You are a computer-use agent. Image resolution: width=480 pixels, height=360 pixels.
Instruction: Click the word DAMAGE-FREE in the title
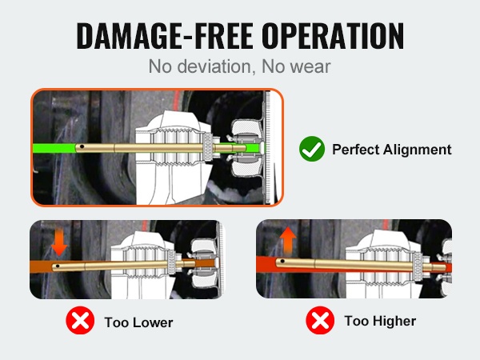coord(165,36)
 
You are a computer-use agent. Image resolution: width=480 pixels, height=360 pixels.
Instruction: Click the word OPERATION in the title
coord(333,36)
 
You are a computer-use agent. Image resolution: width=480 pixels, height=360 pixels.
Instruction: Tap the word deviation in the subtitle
coord(217,66)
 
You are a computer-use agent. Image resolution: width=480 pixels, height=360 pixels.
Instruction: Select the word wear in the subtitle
coord(311,66)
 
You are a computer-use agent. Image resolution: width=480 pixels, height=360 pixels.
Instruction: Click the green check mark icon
coord(312,149)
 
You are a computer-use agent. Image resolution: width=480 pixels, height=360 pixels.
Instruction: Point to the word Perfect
coord(356,150)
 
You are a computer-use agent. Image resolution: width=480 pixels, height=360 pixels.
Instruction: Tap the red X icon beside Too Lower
coord(80,320)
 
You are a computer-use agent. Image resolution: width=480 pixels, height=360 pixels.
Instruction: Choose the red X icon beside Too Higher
coord(320,320)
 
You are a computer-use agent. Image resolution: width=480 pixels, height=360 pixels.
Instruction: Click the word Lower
coord(154,322)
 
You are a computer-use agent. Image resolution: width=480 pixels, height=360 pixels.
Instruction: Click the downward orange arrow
coord(59,242)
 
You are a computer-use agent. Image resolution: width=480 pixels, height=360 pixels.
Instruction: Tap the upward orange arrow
coord(288,241)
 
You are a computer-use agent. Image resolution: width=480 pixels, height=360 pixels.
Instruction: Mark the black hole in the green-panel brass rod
coord(82,146)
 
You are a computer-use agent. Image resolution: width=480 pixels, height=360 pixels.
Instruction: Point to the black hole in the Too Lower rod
coord(58,266)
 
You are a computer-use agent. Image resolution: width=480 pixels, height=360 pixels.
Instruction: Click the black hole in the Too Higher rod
coord(282,262)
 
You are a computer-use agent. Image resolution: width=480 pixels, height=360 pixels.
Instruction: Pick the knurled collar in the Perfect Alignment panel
coord(208,146)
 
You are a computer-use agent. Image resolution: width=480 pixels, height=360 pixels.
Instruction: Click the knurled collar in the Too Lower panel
coord(171,262)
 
